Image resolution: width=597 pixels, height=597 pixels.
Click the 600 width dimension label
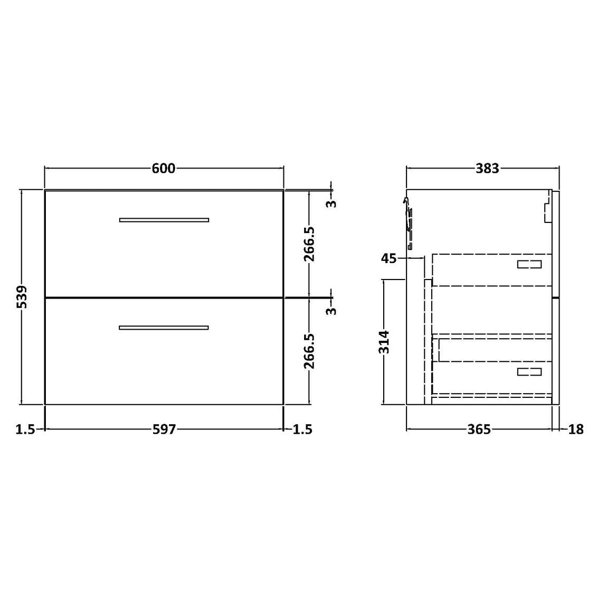coord(164,169)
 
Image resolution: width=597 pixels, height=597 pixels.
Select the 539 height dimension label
coord(23,297)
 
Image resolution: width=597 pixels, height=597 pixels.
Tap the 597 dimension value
coord(164,430)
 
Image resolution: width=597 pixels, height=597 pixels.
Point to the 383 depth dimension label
coord(487,169)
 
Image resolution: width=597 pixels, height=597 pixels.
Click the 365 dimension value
coord(479,430)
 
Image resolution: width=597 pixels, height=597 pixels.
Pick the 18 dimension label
coord(576,430)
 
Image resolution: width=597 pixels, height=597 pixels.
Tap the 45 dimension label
coord(388,259)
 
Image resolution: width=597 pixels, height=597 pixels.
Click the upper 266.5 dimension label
coord(309,244)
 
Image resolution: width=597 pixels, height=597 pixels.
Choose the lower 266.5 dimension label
coord(309,351)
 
